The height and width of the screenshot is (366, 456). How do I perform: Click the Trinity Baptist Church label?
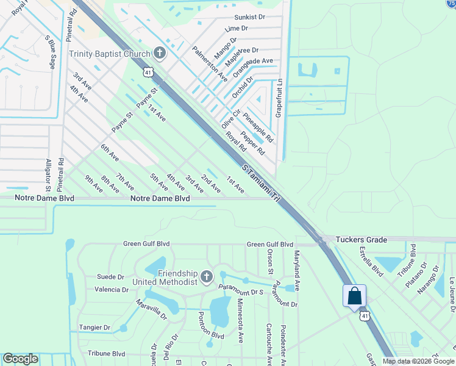click(109, 54)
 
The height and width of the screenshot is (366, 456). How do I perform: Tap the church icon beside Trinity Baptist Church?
click(160, 53)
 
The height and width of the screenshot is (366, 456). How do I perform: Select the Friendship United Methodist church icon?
click(207, 278)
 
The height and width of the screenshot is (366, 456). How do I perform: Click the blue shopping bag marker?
click(355, 296)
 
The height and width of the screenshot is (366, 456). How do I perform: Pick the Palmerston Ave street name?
click(210, 63)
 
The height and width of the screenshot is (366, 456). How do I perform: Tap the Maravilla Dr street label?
click(151, 309)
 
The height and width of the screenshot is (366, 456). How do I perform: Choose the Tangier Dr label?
click(94, 328)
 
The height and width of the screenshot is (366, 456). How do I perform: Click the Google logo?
click(20, 359)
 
